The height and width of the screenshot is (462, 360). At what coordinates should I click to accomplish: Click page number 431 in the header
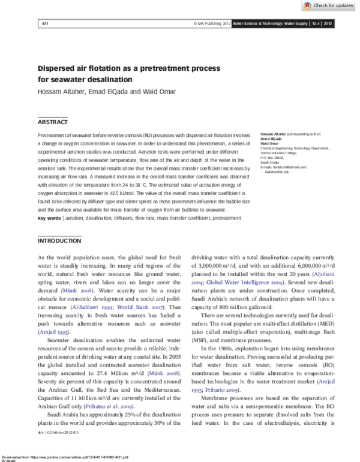[44, 23]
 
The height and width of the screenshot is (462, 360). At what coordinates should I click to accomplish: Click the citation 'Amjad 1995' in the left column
[50, 331]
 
